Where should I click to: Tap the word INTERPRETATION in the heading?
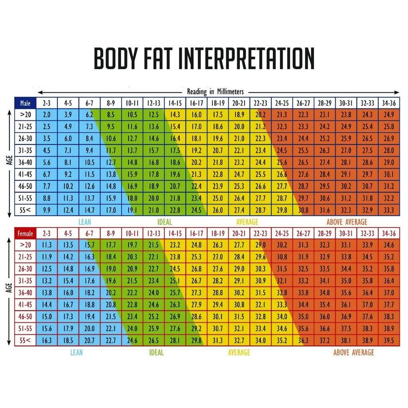point(246,59)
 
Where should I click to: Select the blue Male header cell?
point(25,103)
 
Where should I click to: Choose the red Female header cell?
point(25,234)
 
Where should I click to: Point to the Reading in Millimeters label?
point(215,92)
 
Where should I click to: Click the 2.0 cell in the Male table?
point(47,115)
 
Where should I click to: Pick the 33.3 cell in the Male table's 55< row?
point(388,210)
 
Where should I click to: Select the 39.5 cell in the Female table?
point(388,341)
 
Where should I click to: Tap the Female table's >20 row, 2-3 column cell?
point(47,245)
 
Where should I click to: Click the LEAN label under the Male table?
point(84,222)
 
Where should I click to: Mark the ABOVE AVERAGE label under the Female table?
point(353,353)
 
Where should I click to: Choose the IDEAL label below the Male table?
point(164,222)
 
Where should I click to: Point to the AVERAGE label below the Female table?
point(239,353)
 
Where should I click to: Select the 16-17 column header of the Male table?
point(196,103)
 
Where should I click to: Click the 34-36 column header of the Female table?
point(388,234)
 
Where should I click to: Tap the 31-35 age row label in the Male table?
point(25,151)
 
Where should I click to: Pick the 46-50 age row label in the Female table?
point(25,317)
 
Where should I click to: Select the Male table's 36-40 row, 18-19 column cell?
point(218,163)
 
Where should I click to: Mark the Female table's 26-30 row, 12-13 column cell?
point(154,269)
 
